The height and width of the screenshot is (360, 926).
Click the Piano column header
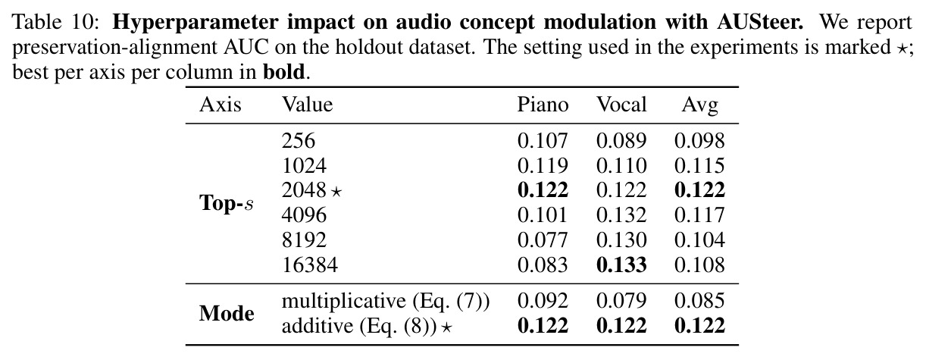[543, 105]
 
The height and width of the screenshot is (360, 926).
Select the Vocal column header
[621, 105]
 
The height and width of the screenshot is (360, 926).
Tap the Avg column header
[699, 105]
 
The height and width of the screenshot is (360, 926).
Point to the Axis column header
[221, 105]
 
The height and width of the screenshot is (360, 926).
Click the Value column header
[307, 105]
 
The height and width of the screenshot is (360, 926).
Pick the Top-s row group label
[227, 203]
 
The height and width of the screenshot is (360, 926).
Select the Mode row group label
[227, 313]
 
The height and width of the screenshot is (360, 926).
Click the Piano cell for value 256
[543, 141]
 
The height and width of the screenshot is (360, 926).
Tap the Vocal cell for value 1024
[621, 166]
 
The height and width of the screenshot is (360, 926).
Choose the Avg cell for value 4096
[699, 215]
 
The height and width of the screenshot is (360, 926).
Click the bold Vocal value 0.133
[621, 265]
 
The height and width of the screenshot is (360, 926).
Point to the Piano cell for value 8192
[543, 240]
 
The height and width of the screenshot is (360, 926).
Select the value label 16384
[310, 265]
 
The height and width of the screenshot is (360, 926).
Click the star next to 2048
[336, 191]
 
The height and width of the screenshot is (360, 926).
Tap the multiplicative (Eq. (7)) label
[386, 302]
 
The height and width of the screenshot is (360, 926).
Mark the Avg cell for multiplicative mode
[699, 301]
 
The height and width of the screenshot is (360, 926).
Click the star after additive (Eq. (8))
[446, 327]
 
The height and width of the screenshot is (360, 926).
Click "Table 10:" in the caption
[56, 22]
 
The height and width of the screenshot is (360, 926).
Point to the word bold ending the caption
[284, 72]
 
